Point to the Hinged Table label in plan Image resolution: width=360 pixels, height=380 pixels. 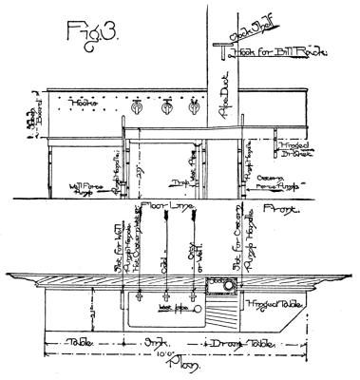tap(273, 305)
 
